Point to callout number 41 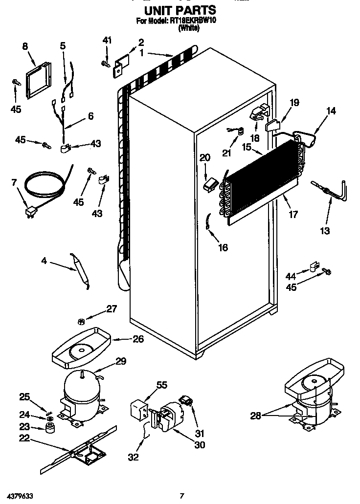[107, 40]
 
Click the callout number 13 [324, 230]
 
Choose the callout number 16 [223, 247]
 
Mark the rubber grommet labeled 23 [48, 429]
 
